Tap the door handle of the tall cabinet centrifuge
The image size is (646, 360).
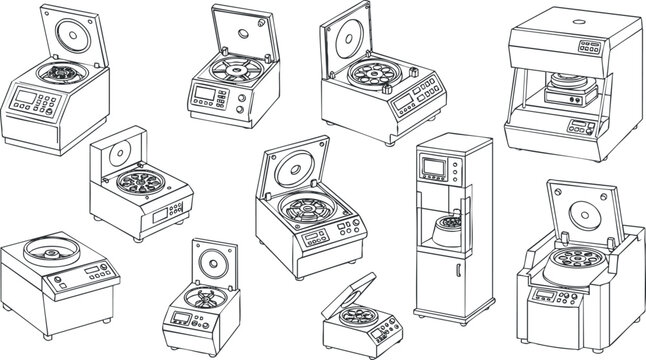(455, 271)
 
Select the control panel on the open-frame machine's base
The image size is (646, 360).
(579, 127)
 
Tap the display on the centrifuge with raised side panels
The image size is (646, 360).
(543, 295)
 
